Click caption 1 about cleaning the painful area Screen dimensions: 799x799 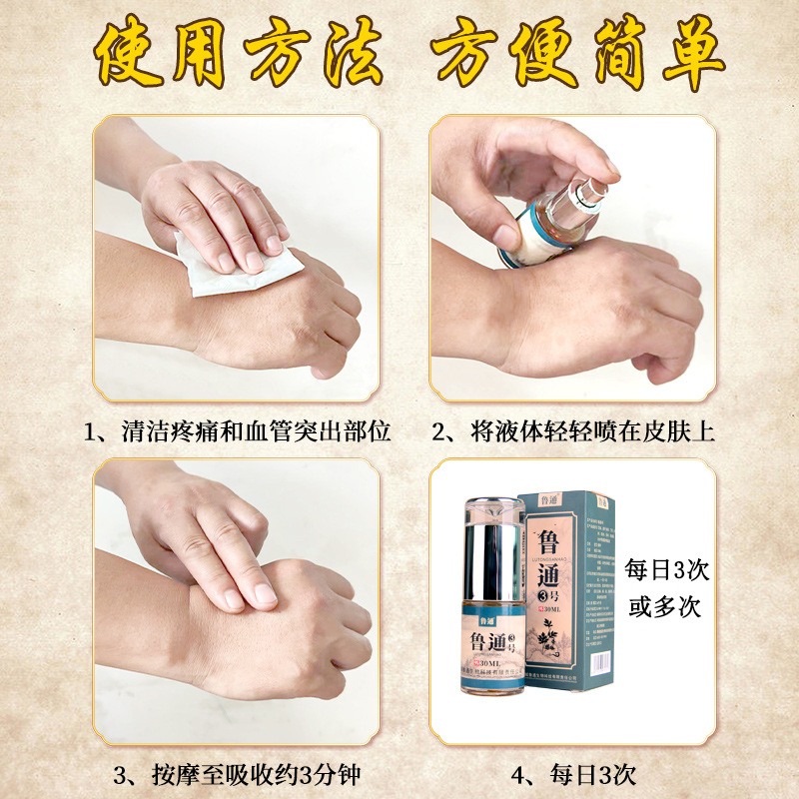(237, 432)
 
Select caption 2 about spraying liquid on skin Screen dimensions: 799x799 (573, 432)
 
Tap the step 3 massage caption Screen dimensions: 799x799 (237, 773)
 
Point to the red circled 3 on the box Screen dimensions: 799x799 (547, 600)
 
